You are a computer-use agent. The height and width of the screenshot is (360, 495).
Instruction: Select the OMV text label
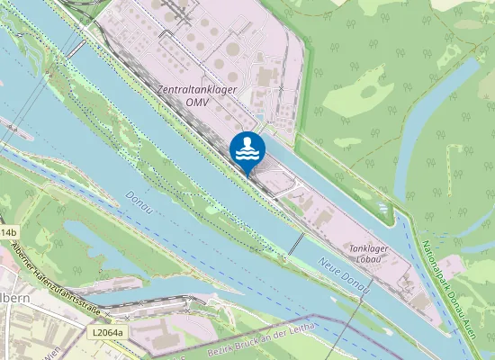click(x=197, y=103)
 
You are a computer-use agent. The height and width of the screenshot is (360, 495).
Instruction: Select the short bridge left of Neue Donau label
click(x=296, y=243)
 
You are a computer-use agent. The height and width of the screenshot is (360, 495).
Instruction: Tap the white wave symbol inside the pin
click(x=247, y=157)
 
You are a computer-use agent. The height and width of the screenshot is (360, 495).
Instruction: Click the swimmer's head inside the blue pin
click(x=247, y=142)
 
